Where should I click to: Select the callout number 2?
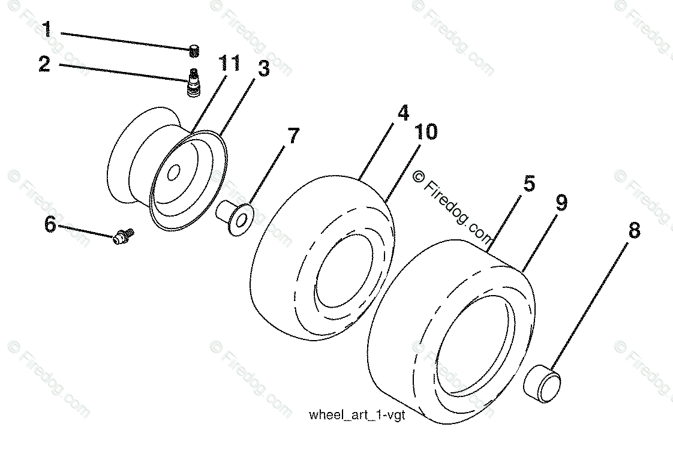pyautogui.click(x=44, y=64)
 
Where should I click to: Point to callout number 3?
pyautogui.click(x=263, y=68)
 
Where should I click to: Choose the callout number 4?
pyautogui.click(x=402, y=113)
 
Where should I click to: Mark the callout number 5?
pyautogui.click(x=528, y=184)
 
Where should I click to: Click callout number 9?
pyautogui.click(x=561, y=203)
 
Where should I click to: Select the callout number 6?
pyautogui.click(x=50, y=226)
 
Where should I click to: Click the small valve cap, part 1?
pyautogui.click(x=194, y=51)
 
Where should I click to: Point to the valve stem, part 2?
pyautogui.click(x=194, y=82)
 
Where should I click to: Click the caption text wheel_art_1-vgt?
pyautogui.click(x=357, y=415)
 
